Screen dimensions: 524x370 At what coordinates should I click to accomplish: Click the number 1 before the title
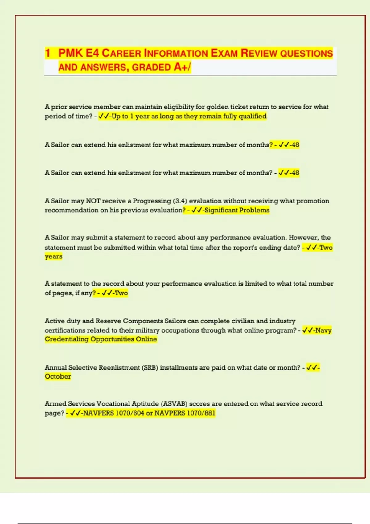(x=47, y=53)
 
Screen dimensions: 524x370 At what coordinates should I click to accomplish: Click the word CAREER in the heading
(x=121, y=53)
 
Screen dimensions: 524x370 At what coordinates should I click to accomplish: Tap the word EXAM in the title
(x=224, y=53)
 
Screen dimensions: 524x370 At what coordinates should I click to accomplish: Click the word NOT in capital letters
(x=93, y=201)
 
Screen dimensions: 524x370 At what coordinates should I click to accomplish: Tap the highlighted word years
(x=53, y=256)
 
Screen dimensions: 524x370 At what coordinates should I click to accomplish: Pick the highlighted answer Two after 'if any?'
(x=121, y=293)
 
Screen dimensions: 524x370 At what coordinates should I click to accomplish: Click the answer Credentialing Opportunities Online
(x=101, y=339)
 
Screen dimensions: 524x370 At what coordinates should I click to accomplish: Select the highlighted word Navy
(x=323, y=330)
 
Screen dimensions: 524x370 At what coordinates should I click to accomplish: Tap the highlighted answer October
(x=58, y=376)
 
